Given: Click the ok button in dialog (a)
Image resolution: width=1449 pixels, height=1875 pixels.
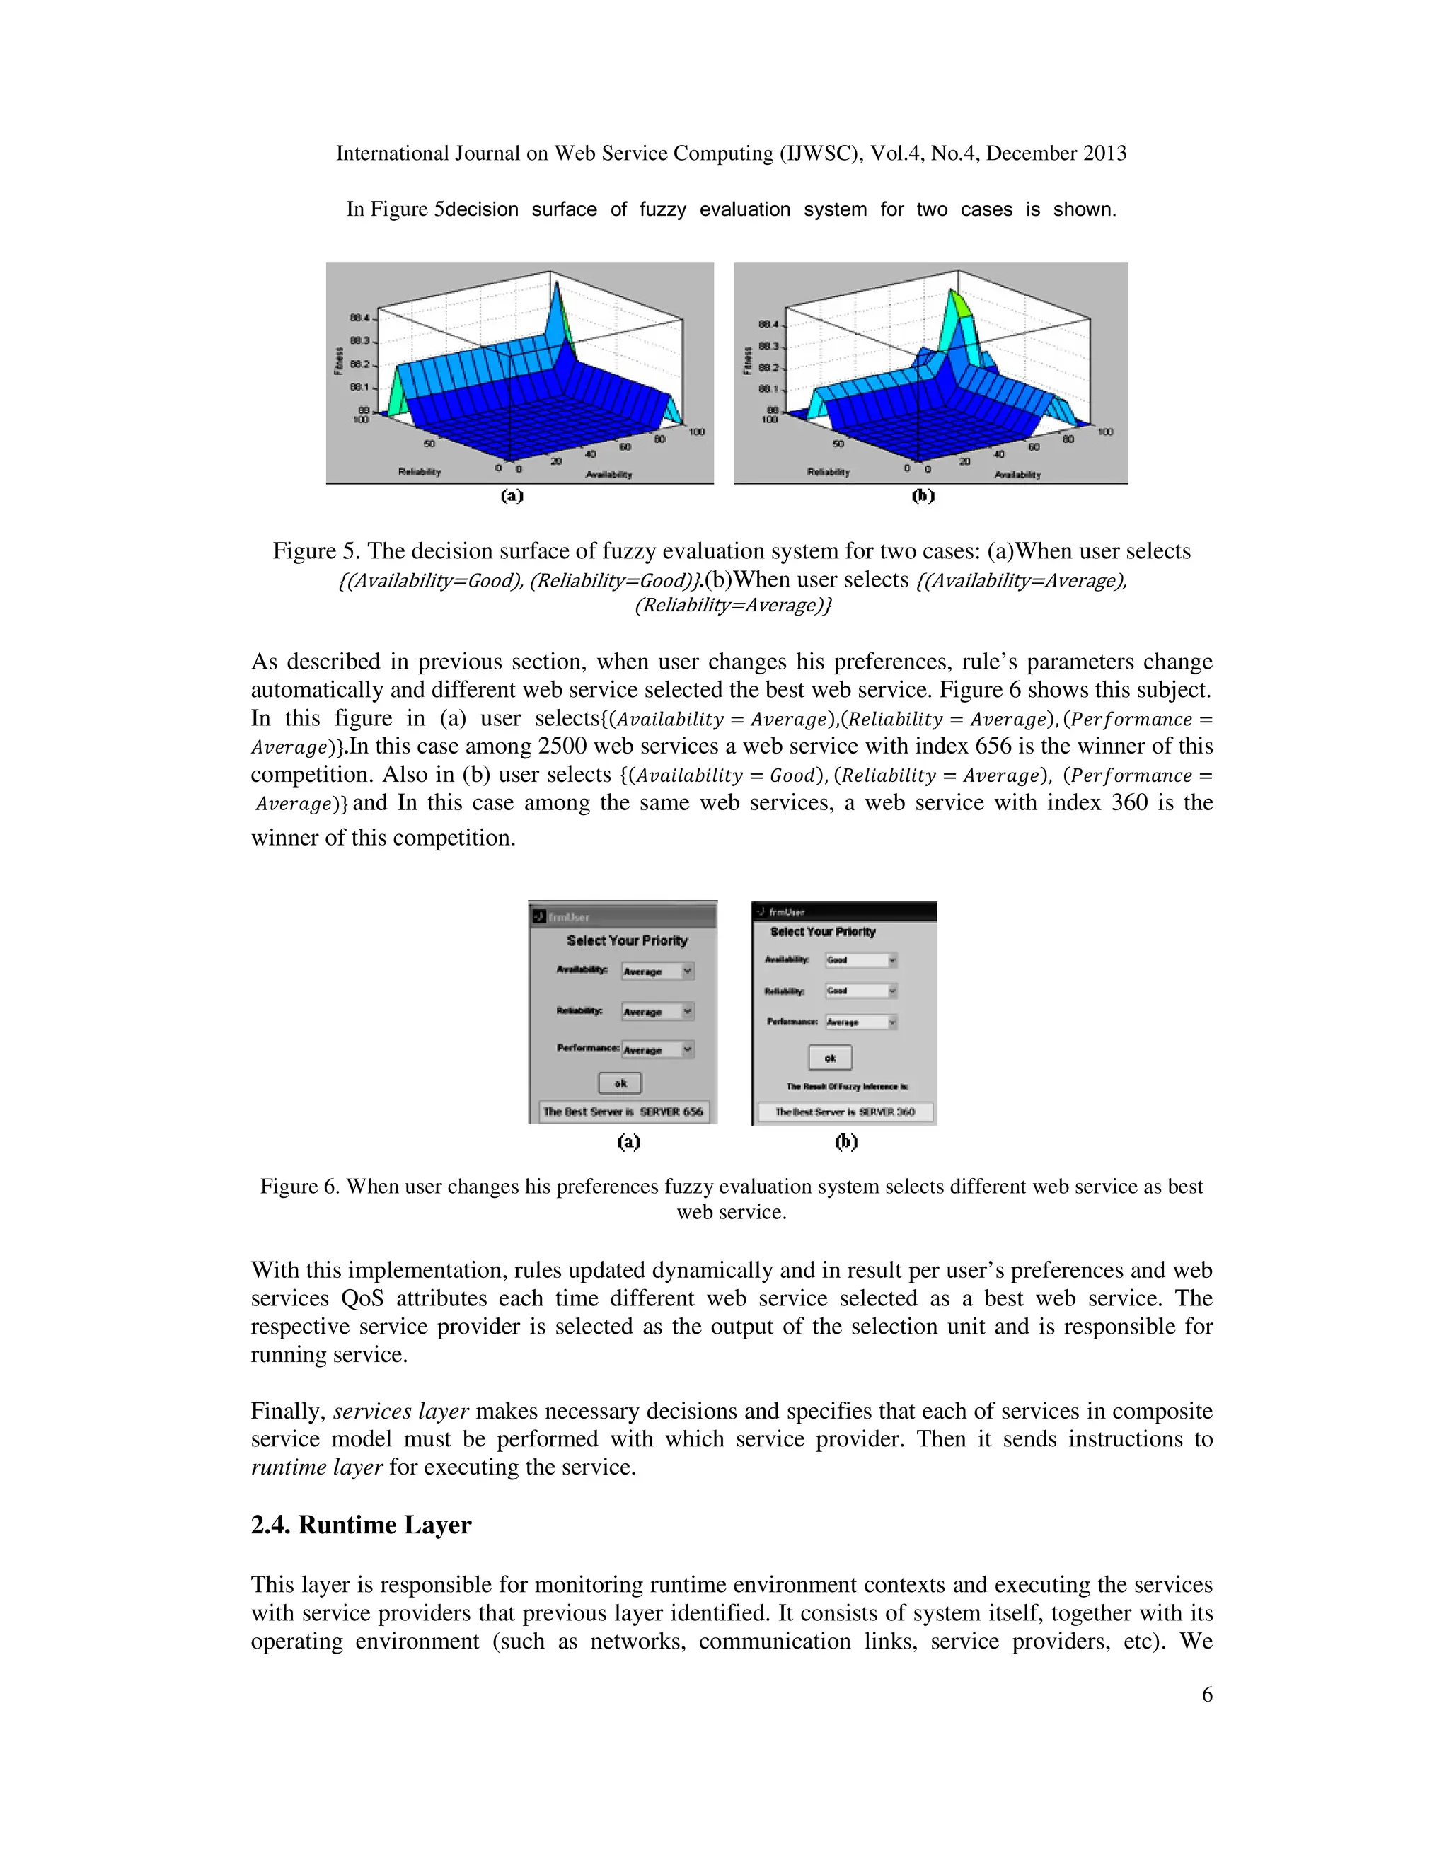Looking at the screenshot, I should click(x=620, y=1083).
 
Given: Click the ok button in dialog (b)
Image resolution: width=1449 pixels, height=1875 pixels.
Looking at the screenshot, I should click(x=830, y=1058).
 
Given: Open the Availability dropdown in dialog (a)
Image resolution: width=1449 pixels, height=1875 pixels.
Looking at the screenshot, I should click(x=657, y=971).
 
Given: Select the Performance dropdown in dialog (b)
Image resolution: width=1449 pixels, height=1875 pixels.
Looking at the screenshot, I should click(x=860, y=1022).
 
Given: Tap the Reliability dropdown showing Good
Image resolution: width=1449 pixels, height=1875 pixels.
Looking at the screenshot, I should click(x=860, y=991).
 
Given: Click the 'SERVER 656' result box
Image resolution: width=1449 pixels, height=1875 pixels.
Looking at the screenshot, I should click(x=623, y=1111).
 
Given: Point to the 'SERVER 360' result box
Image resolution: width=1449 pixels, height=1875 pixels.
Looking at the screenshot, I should click(x=845, y=1112).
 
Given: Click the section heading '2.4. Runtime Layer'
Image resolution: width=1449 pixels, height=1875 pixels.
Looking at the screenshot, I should click(x=361, y=1525).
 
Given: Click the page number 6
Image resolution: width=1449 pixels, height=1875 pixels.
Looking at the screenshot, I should click(x=1207, y=1694).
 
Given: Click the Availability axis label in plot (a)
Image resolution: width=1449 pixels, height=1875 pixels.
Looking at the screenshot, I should click(x=608, y=474).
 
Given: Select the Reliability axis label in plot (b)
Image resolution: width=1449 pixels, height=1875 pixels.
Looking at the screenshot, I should click(x=829, y=472).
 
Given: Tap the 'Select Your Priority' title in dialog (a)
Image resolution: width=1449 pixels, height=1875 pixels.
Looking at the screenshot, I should click(x=627, y=941).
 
